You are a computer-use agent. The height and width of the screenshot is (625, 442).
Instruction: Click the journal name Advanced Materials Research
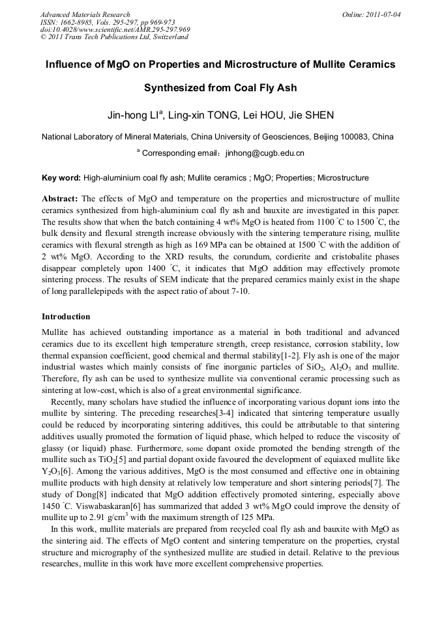[85, 14]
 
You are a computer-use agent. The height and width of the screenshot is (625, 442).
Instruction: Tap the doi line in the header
[115, 29]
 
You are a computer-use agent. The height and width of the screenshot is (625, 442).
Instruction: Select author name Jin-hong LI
[142, 116]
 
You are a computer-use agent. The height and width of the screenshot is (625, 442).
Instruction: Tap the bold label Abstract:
[60, 198]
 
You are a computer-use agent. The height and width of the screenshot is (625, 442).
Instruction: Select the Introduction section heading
[66, 317]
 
